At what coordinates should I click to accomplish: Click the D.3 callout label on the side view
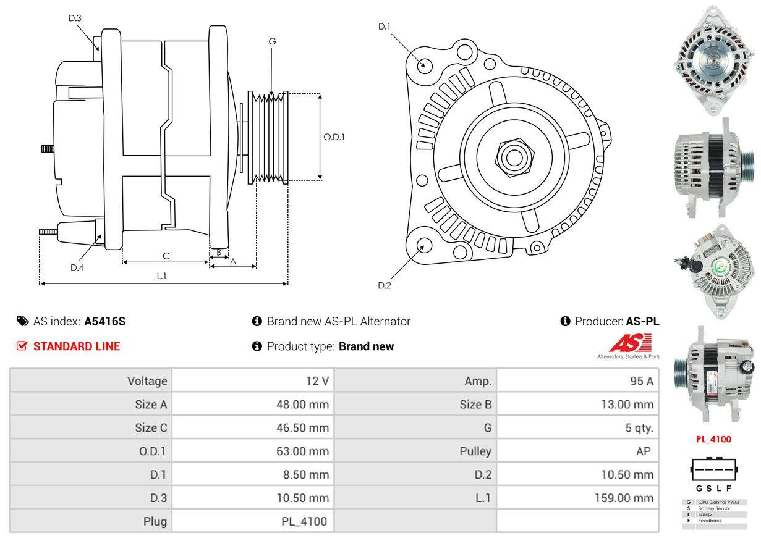tap(75, 18)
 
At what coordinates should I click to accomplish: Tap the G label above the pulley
tap(272, 41)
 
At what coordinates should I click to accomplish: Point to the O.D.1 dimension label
tap(334, 137)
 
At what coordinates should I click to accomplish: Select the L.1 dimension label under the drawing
tap(161, 276)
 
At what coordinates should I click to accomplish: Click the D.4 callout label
tap(77, 267)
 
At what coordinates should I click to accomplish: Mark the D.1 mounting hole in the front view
tap(424, 64)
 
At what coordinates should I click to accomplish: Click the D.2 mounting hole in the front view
tap(423, 245)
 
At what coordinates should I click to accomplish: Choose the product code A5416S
tap(105, 321)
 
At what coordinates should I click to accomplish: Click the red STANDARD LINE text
tap(77, 346)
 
